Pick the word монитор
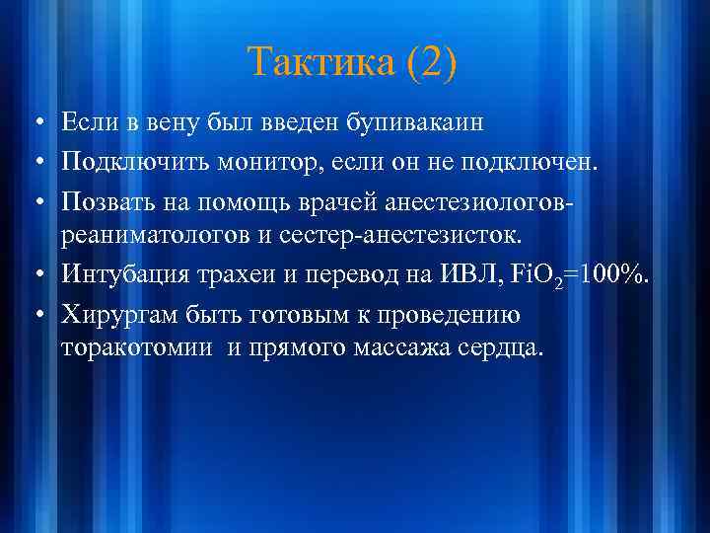[x=272, y=162]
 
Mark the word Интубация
[x=121, y=276]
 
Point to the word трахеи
[x=233, y=276]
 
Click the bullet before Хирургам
[x=35, y=316]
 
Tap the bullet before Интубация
[x=35, y=277]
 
